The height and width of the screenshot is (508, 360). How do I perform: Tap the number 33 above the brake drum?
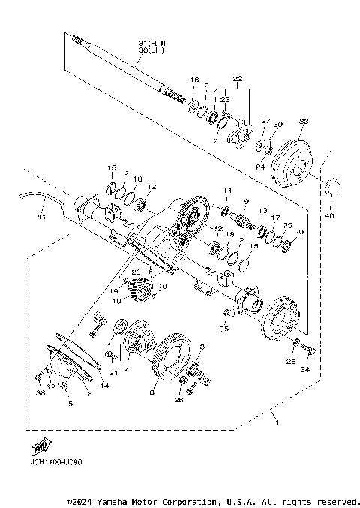304,121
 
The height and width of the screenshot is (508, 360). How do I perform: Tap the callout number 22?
238,79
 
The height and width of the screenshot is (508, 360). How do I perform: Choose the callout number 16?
194,79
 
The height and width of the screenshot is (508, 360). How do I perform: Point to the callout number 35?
223,328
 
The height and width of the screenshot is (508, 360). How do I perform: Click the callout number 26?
178,401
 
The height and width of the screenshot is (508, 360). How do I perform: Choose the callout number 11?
229,191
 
